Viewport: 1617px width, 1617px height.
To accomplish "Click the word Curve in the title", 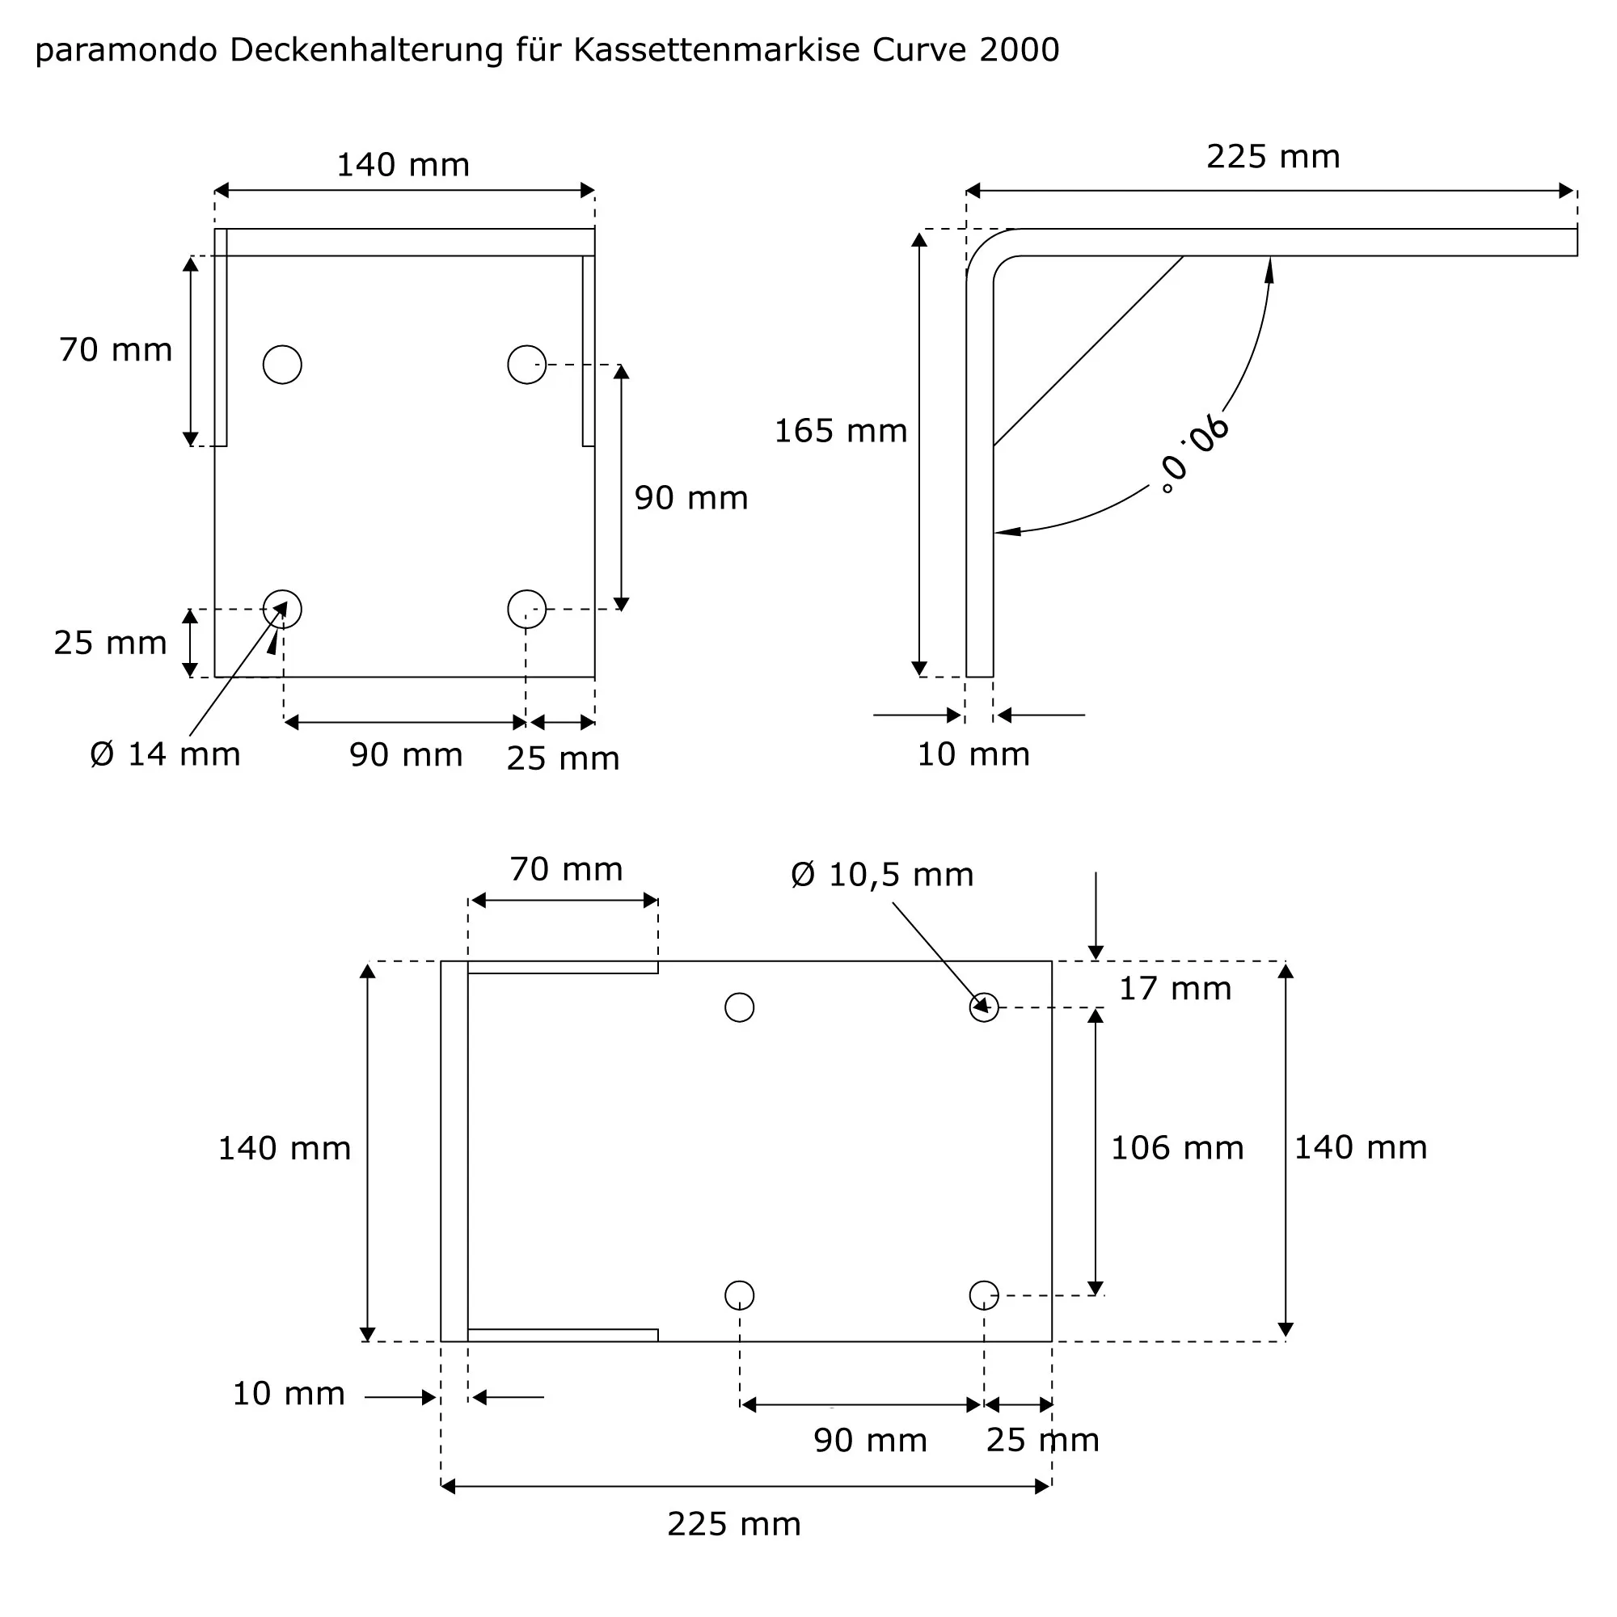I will [x=920, y=50].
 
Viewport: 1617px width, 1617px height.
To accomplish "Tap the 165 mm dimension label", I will [x=840, y=432].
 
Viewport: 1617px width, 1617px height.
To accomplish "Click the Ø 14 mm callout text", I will [x=165, y=755].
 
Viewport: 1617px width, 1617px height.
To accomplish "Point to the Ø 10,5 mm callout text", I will [x=882, y=876].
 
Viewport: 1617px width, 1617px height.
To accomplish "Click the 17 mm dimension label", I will [x=1175, y=990].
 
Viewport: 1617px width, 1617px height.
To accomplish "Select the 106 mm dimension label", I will [x=1176, y=1148].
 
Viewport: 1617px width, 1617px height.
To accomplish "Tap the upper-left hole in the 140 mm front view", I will [x=282, y=365].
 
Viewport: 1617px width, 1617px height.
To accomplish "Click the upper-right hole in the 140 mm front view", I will [x=526, y=365].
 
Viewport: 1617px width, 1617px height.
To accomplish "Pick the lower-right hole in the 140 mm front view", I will [x=526, y=610].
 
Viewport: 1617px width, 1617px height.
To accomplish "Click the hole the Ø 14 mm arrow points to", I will [x=282, y=610].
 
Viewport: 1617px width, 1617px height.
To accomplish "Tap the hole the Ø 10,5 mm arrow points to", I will [x=984, y=1007].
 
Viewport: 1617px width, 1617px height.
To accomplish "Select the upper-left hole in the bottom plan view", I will [x=740, y=1007].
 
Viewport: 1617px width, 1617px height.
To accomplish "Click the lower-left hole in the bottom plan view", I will [x=740, y=1295].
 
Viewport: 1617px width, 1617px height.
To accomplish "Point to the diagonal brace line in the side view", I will [x=1088, y=352].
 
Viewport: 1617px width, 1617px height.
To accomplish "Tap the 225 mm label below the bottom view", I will [x=734, y=1525].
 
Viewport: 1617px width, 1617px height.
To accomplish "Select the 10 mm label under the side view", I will [x=973, y=755].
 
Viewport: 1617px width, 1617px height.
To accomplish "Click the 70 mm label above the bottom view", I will [x=567, y=871].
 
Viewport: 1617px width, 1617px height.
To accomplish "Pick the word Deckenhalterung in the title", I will [x=366, y=50].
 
